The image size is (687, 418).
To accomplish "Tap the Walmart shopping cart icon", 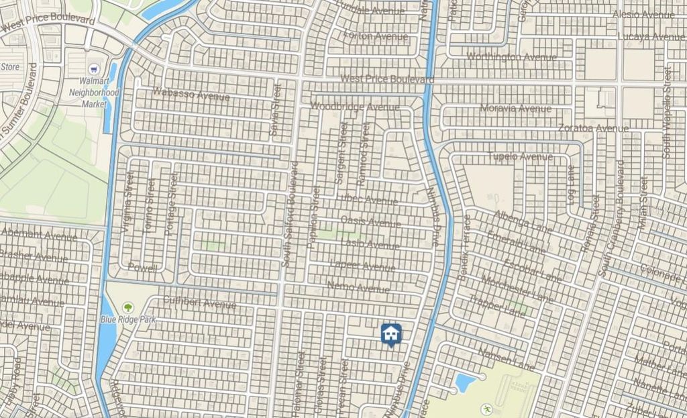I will [95, 69].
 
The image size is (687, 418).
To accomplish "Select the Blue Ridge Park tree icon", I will [127, 308].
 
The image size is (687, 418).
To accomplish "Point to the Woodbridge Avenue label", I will [355, 107].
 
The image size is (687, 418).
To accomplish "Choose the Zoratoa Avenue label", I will [593, 127].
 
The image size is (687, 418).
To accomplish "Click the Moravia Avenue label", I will [516, 108].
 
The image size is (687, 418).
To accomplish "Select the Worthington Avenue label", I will [511, 56].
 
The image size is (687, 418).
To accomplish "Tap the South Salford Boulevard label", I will [290, 215].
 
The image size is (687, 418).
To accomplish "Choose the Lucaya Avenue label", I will [651, 36].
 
